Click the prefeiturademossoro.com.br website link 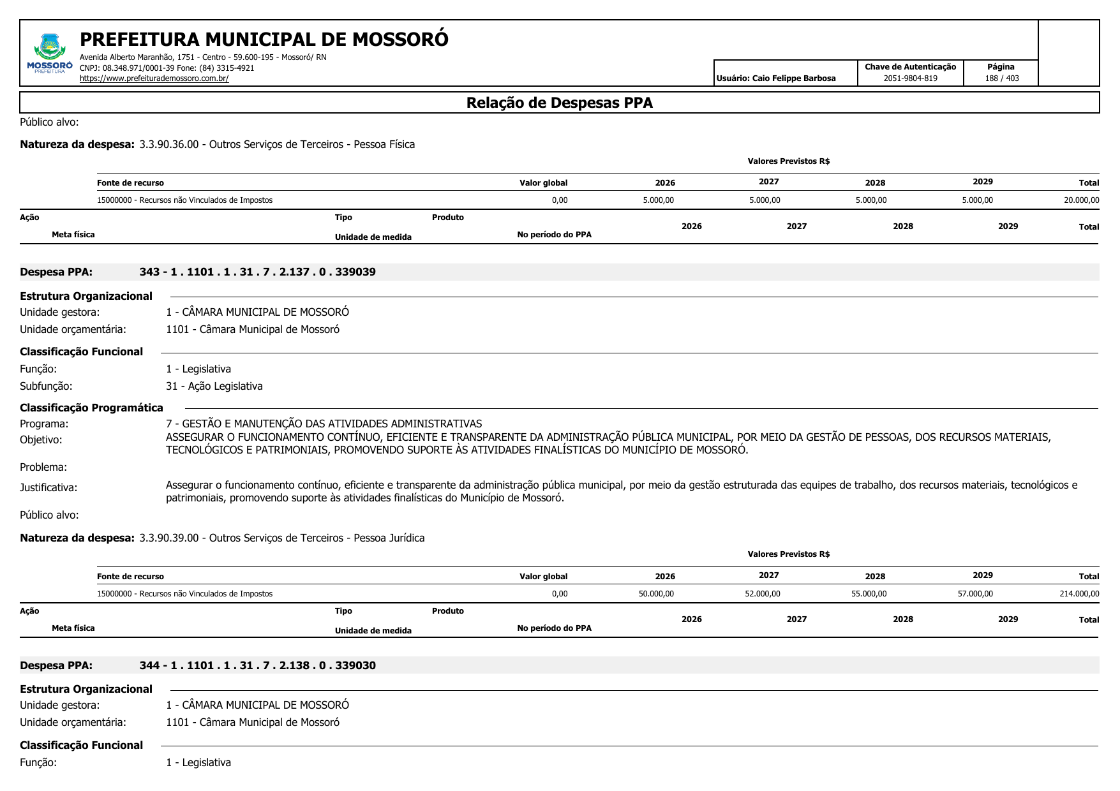(154, 78)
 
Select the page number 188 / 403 (1001, 78)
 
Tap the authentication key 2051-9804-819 (910, 78)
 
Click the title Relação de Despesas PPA (559, 103)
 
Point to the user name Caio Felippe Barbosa (793, 78)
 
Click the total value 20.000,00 (1081, 200)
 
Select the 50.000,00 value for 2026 (656, 594)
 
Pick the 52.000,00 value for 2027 (762, 594)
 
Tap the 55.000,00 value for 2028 (869, 594)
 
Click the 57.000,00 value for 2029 (975, 594)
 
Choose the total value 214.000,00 (1079, 594)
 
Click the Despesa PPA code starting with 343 (257, 272)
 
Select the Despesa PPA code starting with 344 (257, 665)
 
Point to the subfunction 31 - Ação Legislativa (214, 387)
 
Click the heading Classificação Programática (91, 408)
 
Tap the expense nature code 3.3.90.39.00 (168, 538)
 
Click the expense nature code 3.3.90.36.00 (168, 144)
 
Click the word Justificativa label (49, 488)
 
